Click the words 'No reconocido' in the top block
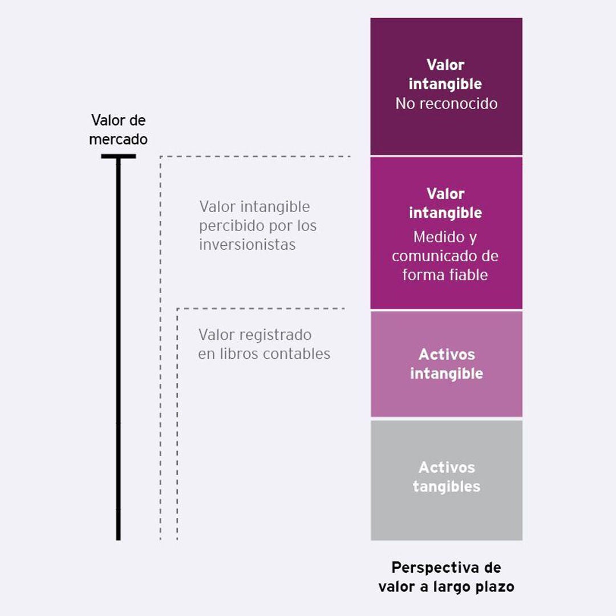click(x=446, y=104)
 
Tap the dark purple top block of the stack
click(x=446, y=87)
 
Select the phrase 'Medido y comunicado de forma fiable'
click(x=445, y=256)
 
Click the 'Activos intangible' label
click(x=447, y=364)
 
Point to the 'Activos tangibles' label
click(x=447, y=477)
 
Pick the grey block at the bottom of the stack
click(x=447, y=480)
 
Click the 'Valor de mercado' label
click(x=118, y=129)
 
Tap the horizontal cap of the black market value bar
click(x=118, y=156)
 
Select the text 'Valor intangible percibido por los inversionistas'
click(x=258, y=225)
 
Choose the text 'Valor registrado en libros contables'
click(x=264, y=345)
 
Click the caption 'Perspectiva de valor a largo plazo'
click(x=446, y=577)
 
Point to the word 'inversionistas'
click(x=247, y=245)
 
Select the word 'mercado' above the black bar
click(x=118, y=140)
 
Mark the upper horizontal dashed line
click(x=256, y=156)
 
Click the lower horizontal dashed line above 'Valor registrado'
click(x=261, y=309)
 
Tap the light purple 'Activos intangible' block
click(x=447, y=364)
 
